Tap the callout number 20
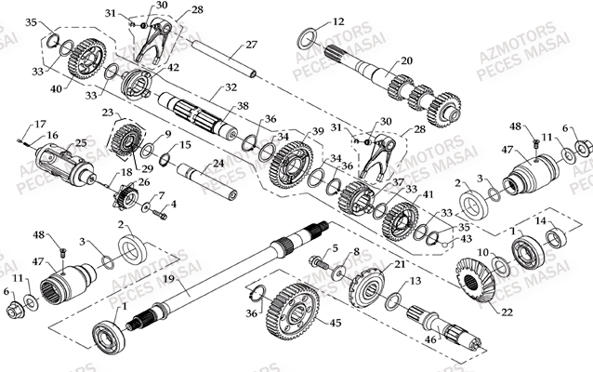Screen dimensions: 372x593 click(406, 61)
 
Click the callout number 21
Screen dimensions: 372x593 click(401, 265)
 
